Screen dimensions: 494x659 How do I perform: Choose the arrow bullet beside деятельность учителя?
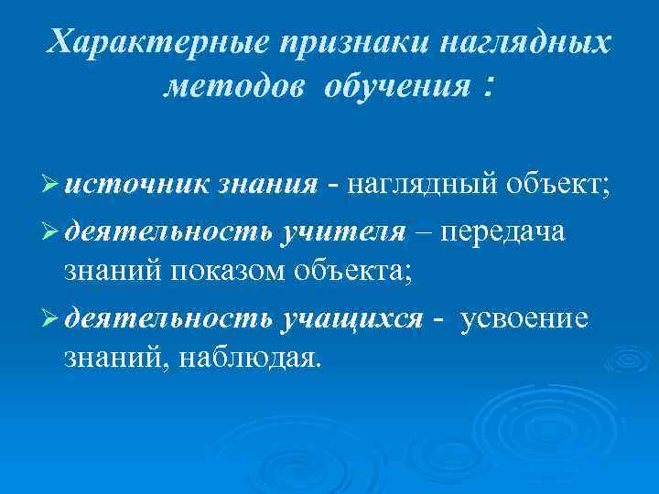[53, 232]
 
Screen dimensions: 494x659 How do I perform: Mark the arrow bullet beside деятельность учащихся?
[53, 318]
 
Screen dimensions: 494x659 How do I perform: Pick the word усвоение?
[526, 318]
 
